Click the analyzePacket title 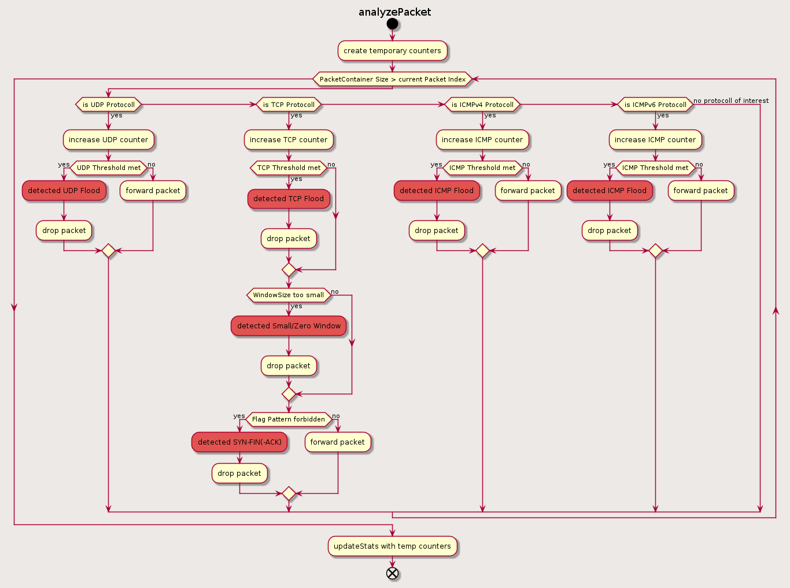tap(394, 12)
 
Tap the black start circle tap(393, 24)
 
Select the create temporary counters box tap(392, 51)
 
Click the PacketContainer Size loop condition tap(392, 79)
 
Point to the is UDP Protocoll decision tap(108, 105)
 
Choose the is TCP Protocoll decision tap(289, 105)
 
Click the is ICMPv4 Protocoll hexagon tap(482, 105)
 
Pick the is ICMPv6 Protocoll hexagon tap(655, 105)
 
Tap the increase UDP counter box tap(108, 140)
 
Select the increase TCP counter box tap(289, 140)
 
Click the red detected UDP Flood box tap(64, 191)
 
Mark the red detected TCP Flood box tap(289, 199)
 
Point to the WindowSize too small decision tap(289, 295)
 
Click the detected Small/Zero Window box tap(289, 326)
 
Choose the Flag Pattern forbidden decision tap(289, 419)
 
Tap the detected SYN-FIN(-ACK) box tap(239, 442)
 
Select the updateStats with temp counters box tap(392, 546)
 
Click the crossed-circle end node tap(393, 573)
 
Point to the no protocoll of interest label tap(731, 101)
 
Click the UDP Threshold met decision tap(108, 168)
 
